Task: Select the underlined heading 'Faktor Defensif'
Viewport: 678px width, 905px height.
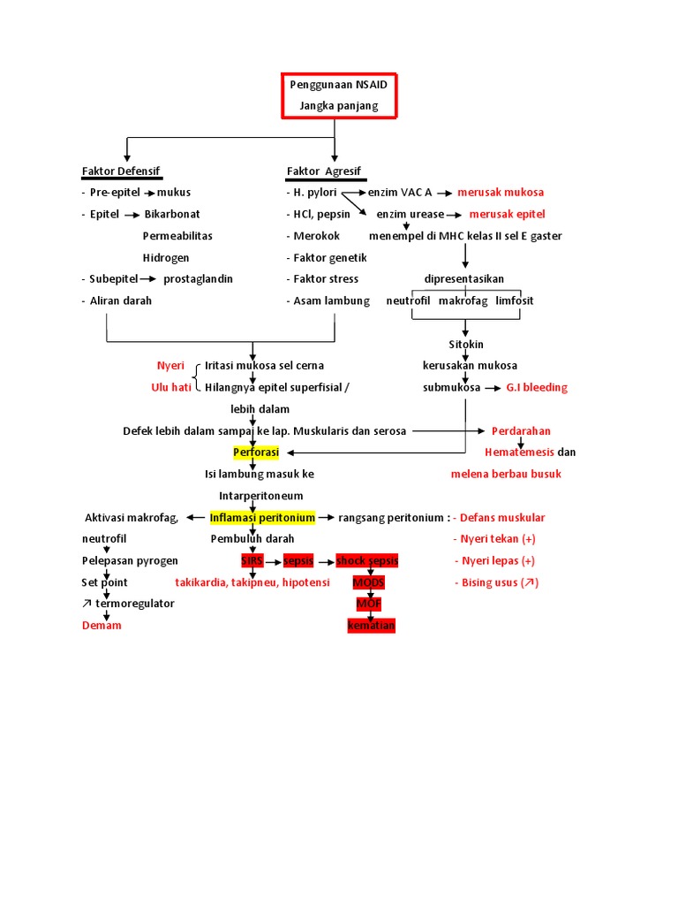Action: coord(121,171)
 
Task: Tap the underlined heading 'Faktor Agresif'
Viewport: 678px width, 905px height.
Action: coord(323,171)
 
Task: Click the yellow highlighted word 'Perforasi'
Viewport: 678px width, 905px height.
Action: coord(256,452)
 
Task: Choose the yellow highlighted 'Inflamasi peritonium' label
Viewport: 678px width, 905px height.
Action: coord(262,517)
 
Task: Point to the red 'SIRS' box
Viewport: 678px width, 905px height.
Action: coord(252,560)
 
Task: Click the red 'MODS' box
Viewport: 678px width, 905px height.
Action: coord(368,582)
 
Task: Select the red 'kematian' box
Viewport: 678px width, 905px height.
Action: coord(372,626)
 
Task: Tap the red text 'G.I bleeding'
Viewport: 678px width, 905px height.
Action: coord(537,387)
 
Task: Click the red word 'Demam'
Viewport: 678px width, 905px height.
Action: coord(102,626)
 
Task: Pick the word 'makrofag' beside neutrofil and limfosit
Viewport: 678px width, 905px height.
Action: coord(463,300)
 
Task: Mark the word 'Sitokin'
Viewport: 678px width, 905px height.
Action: coord(465,344)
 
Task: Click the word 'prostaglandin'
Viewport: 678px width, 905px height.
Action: coord(199,278)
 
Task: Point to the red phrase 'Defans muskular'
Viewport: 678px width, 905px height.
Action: coord(502,517)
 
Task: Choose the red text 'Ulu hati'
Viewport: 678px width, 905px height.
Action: coord(171,387)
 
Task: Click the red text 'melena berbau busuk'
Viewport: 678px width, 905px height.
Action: coord(506,474)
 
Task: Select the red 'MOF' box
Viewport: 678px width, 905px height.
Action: coord(368,604)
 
